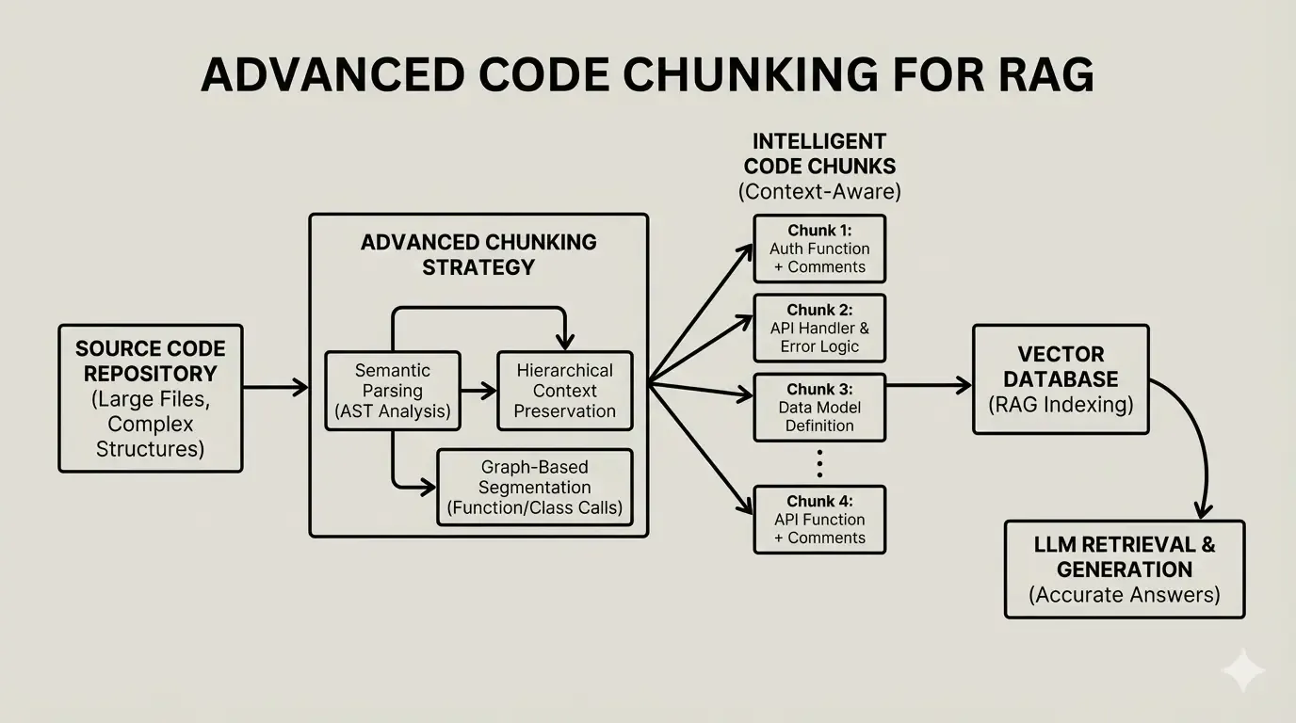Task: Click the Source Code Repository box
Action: [x=151, y=398]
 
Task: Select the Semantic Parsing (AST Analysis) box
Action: [x=393, y=391]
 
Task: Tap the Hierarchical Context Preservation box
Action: [x=564, y=391]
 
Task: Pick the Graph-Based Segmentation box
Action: [x=535, y=488]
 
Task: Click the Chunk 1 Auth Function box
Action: [x=819, y=249]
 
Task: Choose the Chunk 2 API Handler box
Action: [x=819, y=329]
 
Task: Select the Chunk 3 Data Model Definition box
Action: [x=819, y=408]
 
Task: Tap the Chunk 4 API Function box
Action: [x=819, y=520]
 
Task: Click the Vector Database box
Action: [x=1061, y=379]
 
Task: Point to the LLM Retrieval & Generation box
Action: [x=1125, y=570]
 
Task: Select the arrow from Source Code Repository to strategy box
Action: [x=275, y=387]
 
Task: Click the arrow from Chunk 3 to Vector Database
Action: [x=928, y=385]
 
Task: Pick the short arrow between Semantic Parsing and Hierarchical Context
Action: [x=478, y=391]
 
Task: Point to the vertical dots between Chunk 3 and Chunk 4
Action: [x=819, y=463]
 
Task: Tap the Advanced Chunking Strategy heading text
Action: [x=478, y=254]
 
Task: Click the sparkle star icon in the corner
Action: [x=1242, y=670]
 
